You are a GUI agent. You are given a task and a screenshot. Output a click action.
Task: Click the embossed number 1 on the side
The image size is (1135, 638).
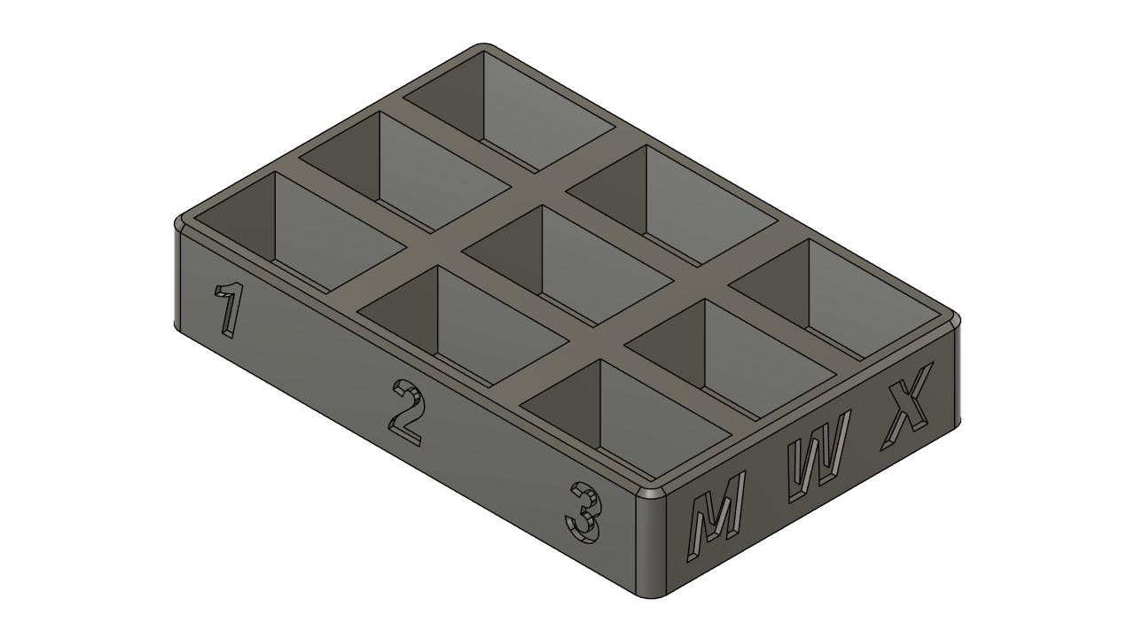pyautogui.click(x=230, y=309)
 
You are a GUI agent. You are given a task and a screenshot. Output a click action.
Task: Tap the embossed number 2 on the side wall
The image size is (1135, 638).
pyautogui.click(x=406, y=412)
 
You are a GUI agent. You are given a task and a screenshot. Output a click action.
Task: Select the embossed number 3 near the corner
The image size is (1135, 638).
pyautogui.click(x=584, y=513)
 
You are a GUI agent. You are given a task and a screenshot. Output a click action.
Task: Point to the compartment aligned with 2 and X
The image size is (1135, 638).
pyautogui.click(x=672, y=203)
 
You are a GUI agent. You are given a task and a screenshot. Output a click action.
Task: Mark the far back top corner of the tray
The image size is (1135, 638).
pyautogui.click(x=483, y=46)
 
